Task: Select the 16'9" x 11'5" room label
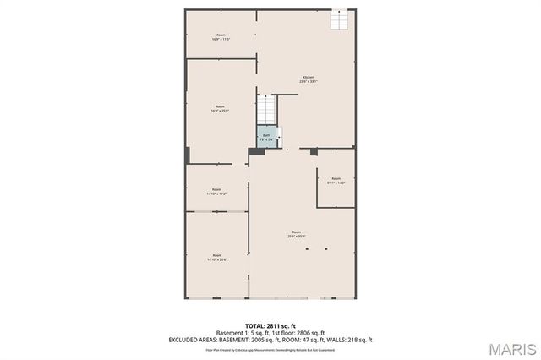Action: point(221,37)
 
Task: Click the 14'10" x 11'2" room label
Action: point(217,191)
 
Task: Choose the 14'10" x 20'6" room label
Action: point(217,257)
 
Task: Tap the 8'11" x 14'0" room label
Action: point(336,180)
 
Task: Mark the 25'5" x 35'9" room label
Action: point(297,234)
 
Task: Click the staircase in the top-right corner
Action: point(340,19)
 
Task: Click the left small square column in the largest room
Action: point(308,248)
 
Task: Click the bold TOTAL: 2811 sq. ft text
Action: point(270,325)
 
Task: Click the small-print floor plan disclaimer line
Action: point(270,349)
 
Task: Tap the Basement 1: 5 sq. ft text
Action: point(244,332)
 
